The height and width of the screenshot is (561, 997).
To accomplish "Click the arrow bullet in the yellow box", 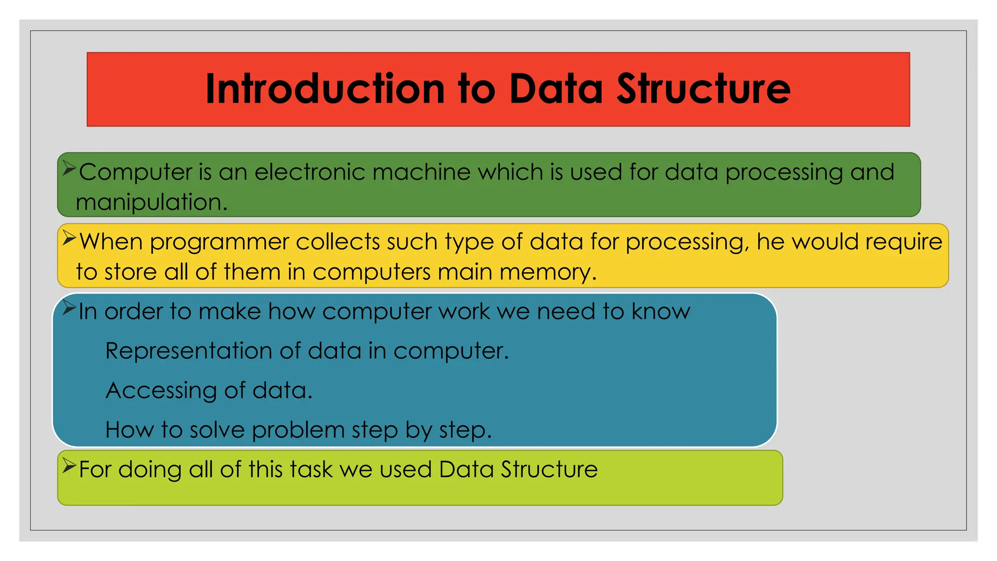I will click(69, 239).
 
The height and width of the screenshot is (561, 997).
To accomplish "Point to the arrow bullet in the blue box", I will click(69, 308).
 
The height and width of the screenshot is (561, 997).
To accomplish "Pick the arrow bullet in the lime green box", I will click(69, 466).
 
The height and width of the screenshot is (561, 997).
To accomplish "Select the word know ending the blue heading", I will click(661, 312).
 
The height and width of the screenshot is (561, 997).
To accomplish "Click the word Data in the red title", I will click(556, 89).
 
